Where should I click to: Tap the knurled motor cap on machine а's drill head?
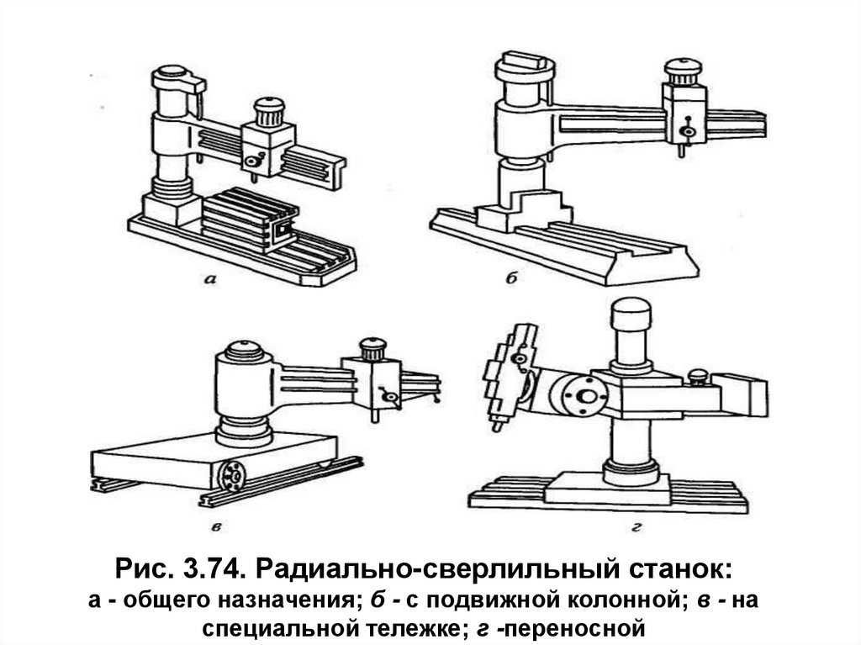point(270,112)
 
